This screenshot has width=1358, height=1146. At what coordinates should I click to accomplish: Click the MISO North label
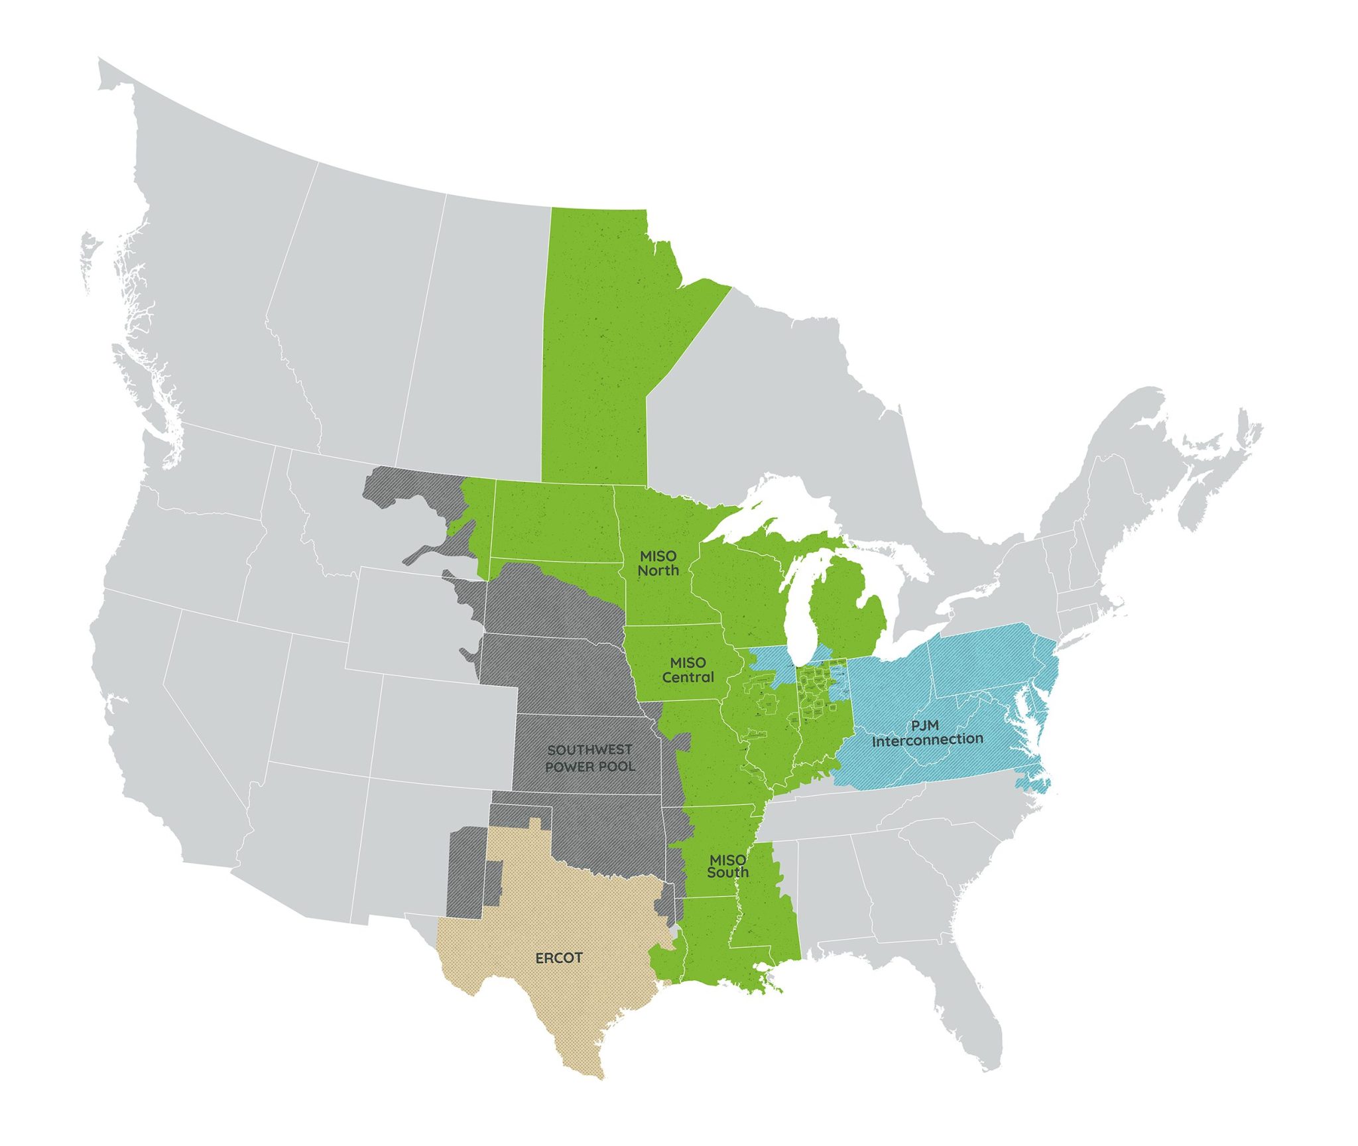[658, 563]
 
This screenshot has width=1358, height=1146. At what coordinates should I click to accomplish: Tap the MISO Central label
[688, 670]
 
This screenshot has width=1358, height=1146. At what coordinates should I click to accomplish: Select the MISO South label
[727, 866]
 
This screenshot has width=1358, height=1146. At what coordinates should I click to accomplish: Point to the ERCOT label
[559, 958]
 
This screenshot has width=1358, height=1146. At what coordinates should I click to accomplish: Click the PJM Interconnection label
[927, 733]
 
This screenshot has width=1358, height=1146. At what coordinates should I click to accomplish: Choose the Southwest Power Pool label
[590, 758]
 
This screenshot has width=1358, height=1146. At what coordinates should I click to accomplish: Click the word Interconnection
[927, 740]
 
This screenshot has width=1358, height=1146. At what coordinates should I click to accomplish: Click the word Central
[688, 678]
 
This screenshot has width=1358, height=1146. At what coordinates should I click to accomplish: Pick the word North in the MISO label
[658, 570]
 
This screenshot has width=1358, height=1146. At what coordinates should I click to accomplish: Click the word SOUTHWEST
[590, 750]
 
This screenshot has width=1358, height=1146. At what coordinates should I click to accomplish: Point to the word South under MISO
[727, 873]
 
